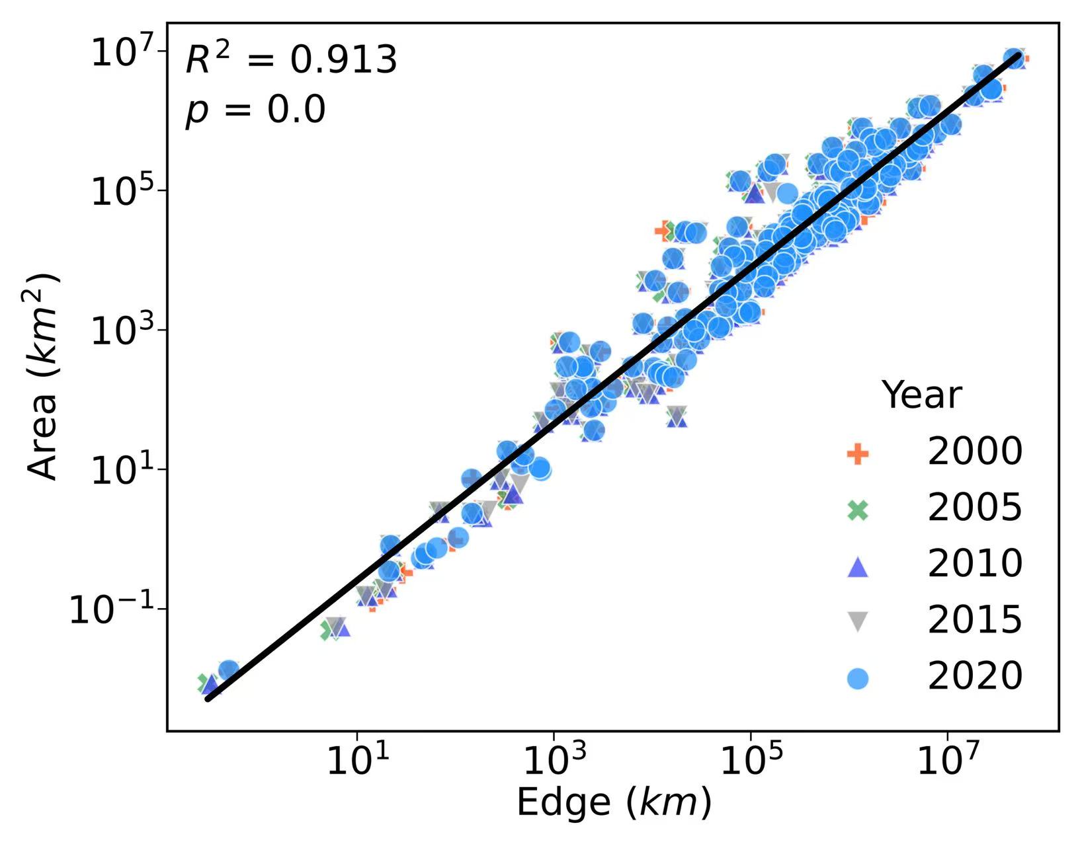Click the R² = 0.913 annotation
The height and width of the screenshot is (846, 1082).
tap(291, 59)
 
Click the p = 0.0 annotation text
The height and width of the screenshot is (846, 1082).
tap(255, 109)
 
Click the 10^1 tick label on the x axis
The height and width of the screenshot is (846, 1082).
tap(357, 761)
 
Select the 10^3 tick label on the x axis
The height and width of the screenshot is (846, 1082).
tap(554, 761)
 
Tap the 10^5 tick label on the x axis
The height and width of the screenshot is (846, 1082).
tap(750, 761)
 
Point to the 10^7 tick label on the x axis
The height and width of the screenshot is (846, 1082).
tap(947, 761)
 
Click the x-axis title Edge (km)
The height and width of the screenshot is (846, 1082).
tap(613, 804)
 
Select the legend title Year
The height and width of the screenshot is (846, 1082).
tap(921, 395)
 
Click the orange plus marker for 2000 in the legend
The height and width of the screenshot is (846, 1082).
tap(858, 454)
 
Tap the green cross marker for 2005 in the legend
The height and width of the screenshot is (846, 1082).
tap(858, 510)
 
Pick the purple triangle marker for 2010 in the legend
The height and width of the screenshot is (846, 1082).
tap(858, 566)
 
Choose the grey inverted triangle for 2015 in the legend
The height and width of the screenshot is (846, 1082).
tap(858, 622)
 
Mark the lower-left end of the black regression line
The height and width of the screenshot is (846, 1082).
tap(208, 699)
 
